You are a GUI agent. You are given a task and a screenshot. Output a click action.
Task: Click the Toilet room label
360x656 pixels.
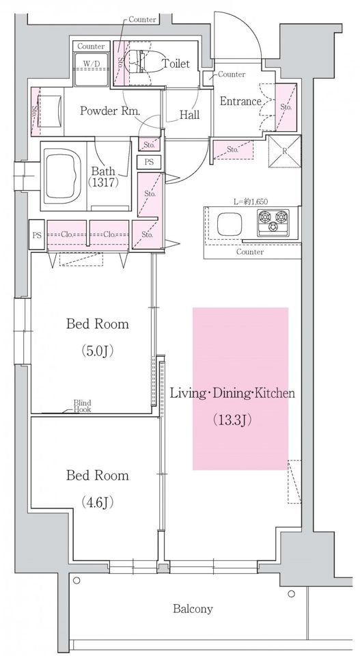click(176, 64)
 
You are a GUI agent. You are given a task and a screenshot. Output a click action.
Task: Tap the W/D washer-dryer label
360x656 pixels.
click(91, 63)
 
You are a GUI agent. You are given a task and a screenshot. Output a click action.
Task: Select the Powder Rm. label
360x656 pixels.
click(110, 111)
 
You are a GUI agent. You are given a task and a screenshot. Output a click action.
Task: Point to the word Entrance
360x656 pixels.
click(240, 101)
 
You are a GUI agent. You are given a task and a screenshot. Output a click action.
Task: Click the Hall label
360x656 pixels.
click(189, 115)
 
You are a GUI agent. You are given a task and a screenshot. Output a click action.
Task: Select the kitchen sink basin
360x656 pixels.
click(229, 224)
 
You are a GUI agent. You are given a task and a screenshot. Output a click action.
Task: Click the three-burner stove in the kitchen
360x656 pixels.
click(273, 221)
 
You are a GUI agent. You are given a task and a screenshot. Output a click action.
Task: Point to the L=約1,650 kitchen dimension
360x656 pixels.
click(251, 201)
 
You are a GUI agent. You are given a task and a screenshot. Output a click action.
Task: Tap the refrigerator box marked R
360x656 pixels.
click(284, 151)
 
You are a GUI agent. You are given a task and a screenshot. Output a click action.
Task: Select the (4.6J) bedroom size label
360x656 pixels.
click(98, 502)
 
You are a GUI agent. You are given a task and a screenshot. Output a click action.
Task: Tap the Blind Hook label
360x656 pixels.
click(83, 406)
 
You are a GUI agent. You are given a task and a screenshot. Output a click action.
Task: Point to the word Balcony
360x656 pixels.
click(193, 609)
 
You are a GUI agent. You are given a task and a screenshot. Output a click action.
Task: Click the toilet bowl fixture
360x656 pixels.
click(137, 63)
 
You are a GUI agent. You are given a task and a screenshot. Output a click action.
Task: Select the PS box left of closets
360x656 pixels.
click(37, 235)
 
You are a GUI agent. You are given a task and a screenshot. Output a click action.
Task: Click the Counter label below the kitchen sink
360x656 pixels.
click(250, 252)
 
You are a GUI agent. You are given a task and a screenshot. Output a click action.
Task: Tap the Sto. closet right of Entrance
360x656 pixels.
click(286, 107)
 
